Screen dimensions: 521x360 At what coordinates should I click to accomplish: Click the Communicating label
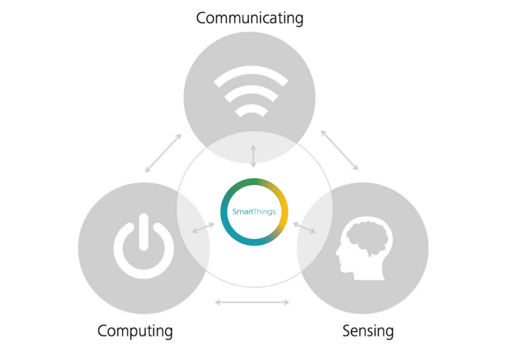point(250,18)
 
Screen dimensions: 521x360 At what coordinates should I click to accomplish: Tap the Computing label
point(135,331)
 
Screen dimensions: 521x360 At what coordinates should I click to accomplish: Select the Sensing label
point(368,331)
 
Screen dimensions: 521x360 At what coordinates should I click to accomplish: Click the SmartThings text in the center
point(254,212)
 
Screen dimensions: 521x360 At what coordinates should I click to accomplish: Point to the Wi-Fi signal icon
point(251,96)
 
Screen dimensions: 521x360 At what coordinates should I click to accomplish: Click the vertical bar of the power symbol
point(144,232)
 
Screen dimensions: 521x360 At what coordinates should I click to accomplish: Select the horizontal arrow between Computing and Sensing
point(252,302)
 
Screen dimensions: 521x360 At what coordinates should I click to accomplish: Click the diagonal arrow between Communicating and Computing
point(163,153)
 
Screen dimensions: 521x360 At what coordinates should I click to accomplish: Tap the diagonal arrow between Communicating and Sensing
point(339,150)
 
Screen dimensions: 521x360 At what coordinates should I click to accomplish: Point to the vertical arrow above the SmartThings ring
point(253,156)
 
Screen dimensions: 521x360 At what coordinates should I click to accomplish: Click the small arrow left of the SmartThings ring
point(203,228)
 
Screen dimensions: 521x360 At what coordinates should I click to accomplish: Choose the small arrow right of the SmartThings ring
point(304,228)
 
